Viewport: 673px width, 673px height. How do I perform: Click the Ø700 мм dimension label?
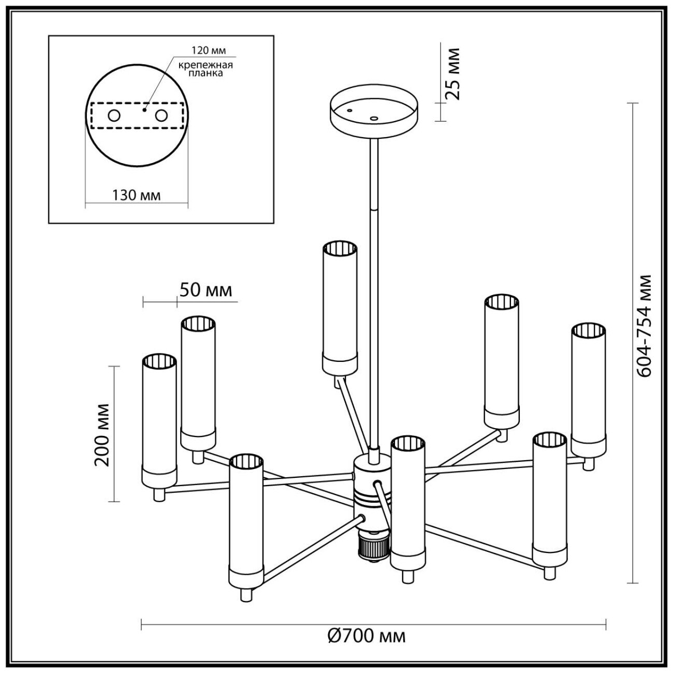click(367, 636)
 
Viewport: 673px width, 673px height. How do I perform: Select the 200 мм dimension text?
click(102, 434)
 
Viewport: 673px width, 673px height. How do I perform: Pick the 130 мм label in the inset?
click(136, 195)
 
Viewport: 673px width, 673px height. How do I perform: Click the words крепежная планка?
click(205, 69)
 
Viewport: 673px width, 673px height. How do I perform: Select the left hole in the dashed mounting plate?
click(113, 115)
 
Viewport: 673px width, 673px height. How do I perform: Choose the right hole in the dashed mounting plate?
click(162, 115)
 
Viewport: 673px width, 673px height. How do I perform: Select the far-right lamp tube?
click(588, 388)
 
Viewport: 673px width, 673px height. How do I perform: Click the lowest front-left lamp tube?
click(246, 523)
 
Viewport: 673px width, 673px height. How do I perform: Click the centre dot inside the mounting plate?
click(145, 109)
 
